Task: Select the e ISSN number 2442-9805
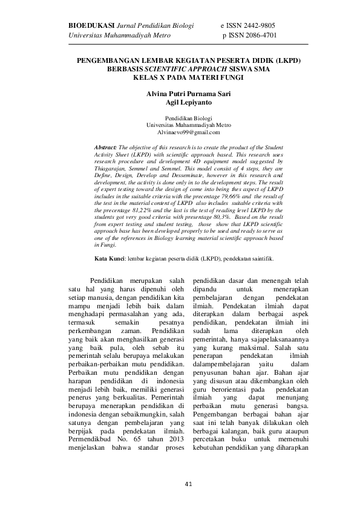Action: click(x=261, y=25)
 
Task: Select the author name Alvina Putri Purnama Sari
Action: click(x=180, y=94)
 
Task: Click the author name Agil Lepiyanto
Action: click(x=180, y=103)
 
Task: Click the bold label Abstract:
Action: click(x=106, y=147)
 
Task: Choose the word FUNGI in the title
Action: click(x=228, y=78)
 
